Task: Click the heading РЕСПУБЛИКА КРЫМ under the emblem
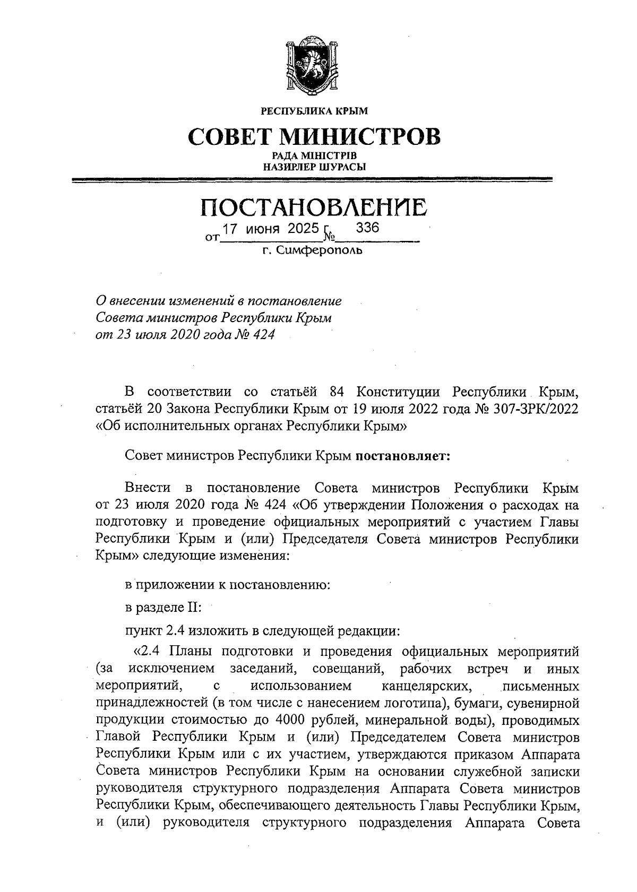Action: click(313, 111)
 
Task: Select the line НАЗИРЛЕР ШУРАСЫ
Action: click(314, 167)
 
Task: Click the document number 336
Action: click(367, 228)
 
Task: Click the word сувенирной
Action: click(546, 704)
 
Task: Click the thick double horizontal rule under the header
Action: click(313, 181)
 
